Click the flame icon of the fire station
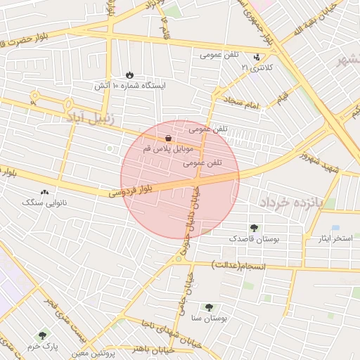[129, 75]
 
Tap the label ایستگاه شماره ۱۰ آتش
[131, 85]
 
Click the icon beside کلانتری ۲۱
[257, 56]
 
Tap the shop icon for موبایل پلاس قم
[168, 139]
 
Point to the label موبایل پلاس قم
[167, 150]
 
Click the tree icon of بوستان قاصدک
[254, 228]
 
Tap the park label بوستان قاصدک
[255, 239]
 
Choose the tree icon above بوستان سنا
[209, 307]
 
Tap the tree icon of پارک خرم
[42, 335]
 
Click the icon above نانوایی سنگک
[45, 192]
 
